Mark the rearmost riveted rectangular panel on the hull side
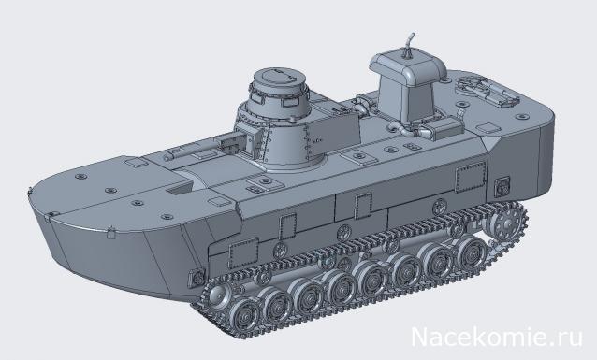(469, 178)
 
